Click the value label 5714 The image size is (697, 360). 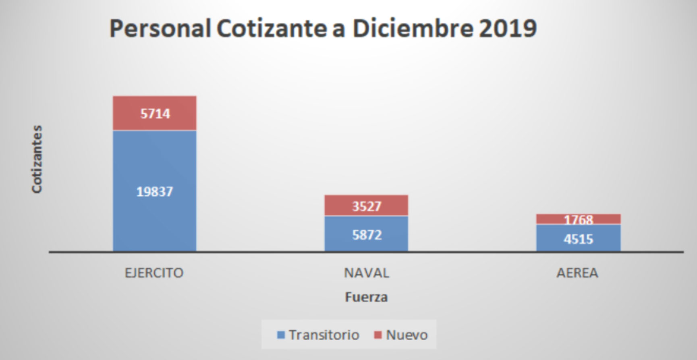(x=155, y=114)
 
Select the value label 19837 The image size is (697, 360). (x=155, y=191)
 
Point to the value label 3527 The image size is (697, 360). (x=367, y=206)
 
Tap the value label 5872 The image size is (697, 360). (x=367, y=235)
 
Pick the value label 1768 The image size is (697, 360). (x=578, y=219)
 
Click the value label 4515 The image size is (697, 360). (x=578, y=239)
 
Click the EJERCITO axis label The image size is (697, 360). (x=154, y=273)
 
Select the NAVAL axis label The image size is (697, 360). (x=367, y=273)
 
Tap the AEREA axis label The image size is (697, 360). (x=577, y=273)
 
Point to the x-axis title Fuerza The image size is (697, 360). (x=366, y=297)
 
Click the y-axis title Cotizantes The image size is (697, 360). (x=37, y=159)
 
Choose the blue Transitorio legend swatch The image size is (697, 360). (x=281, y=335)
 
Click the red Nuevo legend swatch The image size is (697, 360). (x=378, y=335)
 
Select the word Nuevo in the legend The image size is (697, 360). (x=407, y=335)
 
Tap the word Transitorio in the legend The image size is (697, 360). (x=324, y=335)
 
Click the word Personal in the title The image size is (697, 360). (x=160, y=28)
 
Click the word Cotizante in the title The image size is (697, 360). (x=272, y=28)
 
